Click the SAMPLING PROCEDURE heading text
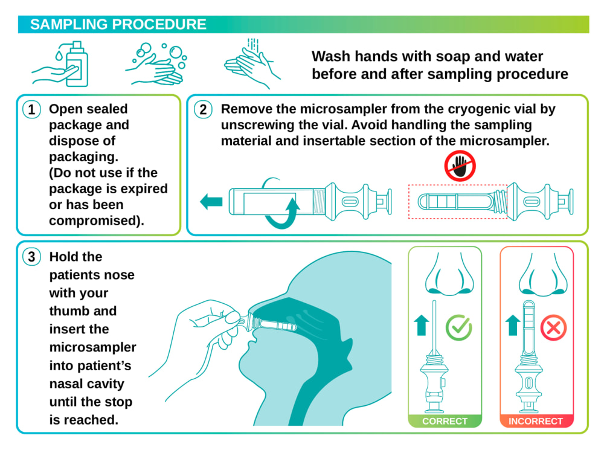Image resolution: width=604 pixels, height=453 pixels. (118, 24)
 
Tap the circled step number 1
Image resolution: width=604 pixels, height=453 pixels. (31, 109)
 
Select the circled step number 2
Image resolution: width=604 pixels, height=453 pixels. (203, 109)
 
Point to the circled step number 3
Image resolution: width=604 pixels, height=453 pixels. (31, 257)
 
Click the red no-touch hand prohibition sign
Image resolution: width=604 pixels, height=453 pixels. (460, 166)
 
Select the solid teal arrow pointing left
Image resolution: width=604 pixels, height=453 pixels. (211, 202)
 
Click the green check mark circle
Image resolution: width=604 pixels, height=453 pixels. (458, 328)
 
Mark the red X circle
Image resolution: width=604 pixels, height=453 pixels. (553, 328)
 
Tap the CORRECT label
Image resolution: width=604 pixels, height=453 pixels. (445, 421)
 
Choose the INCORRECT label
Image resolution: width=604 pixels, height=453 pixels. (535, 421)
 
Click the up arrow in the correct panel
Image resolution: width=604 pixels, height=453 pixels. (422, 326)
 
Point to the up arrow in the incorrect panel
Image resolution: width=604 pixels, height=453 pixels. (513, 326)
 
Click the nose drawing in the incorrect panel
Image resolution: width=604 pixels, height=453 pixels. (543, 275)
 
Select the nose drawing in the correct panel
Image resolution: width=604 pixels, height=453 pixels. (449, 275)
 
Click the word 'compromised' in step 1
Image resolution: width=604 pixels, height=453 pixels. (94, 220)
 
